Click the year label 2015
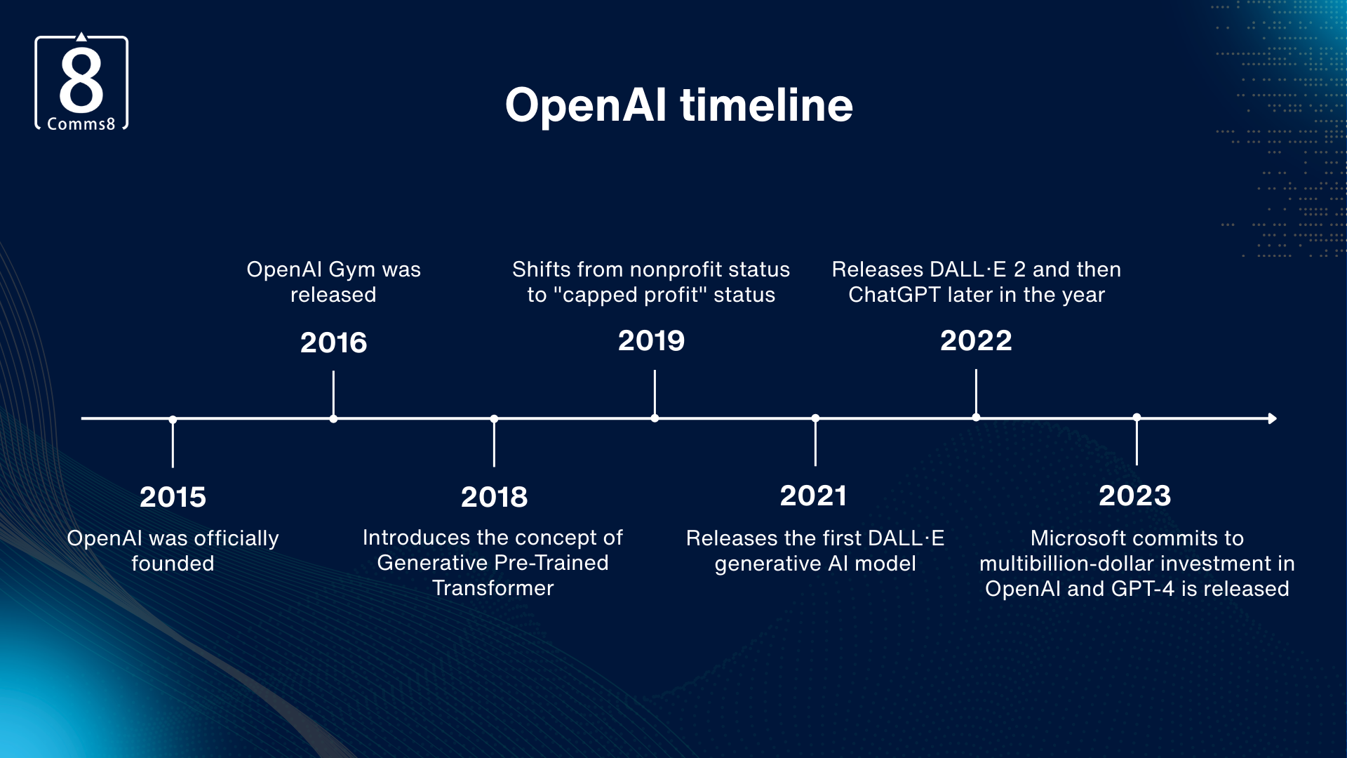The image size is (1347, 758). [x=173, y=497]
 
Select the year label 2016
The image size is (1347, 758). [x=333, y=343]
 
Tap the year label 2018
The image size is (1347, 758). [x=494, y=497]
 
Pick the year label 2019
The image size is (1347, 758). [x=651, y=340]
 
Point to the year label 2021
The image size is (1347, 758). [x=814, y=496]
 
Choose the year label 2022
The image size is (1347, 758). [x=976, y=340]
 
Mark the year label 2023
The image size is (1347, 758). [x=1135, y=496]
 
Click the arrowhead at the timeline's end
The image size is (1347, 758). [x=1272, y=418]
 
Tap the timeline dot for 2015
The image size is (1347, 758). [x=173, y=420]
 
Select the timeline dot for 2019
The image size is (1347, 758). [x=655, y=418]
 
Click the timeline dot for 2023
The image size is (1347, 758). [x=1137, y=418]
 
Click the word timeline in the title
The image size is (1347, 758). [x=766, y=105]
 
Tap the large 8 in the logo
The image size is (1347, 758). [x=81, y=80]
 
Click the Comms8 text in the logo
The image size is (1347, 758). [x=81, y=124]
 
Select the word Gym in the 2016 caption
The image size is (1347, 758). [x=351, y=270]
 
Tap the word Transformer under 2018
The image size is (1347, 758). [x=492, y=588]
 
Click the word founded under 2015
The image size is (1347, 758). [x=173, y=564]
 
